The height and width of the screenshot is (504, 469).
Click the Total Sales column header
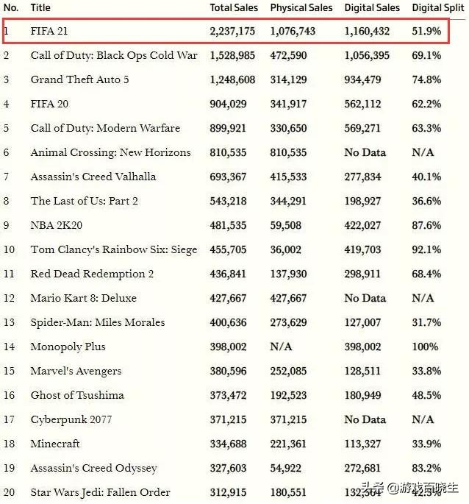[x=234, y=7]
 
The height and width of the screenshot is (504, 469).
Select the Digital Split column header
[x=438, y=7]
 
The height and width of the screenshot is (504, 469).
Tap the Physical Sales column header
[x=301, y=7]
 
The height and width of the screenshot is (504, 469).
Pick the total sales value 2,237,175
[x=232, y=31]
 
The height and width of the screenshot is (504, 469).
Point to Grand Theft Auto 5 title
[x=79, y=79]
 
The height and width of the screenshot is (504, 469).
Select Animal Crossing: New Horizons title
[x=110, y=152]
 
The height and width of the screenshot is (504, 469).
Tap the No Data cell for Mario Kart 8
[x=365, y=298]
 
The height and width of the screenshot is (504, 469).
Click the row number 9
[x=7, y=225]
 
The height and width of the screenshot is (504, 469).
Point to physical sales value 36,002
[x=286, y=249]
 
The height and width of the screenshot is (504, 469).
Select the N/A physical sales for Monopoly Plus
[x=282, y=347]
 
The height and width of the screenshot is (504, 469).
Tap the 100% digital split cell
[x=426, y=347]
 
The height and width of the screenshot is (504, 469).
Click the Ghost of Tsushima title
[x=77, y=395]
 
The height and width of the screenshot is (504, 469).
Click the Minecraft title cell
[x=55, y=444]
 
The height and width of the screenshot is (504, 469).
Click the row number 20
[x=9, y=492]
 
